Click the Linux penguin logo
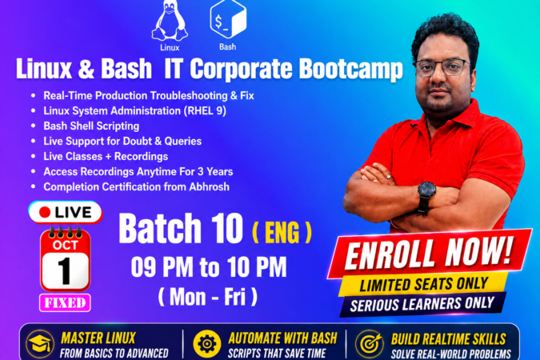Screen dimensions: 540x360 170,21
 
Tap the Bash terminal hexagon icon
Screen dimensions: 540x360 228,19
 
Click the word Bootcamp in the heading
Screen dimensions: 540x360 350,69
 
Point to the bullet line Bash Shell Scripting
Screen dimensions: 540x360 91,126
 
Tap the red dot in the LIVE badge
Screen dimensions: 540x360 45,212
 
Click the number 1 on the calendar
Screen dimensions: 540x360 65,271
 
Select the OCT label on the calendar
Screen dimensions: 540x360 66,245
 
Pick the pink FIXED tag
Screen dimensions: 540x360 65,303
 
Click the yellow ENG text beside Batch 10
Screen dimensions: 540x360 282,232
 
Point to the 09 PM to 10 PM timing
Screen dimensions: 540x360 209,267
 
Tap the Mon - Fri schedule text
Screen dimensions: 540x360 208,296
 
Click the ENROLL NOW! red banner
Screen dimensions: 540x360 429,254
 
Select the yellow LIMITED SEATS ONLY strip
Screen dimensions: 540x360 423,285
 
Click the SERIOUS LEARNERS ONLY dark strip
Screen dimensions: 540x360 422,304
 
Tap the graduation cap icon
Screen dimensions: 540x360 40,344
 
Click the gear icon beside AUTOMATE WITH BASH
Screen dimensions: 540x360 207,344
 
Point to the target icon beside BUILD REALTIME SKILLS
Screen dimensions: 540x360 370,344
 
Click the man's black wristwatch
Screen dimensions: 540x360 426,194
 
